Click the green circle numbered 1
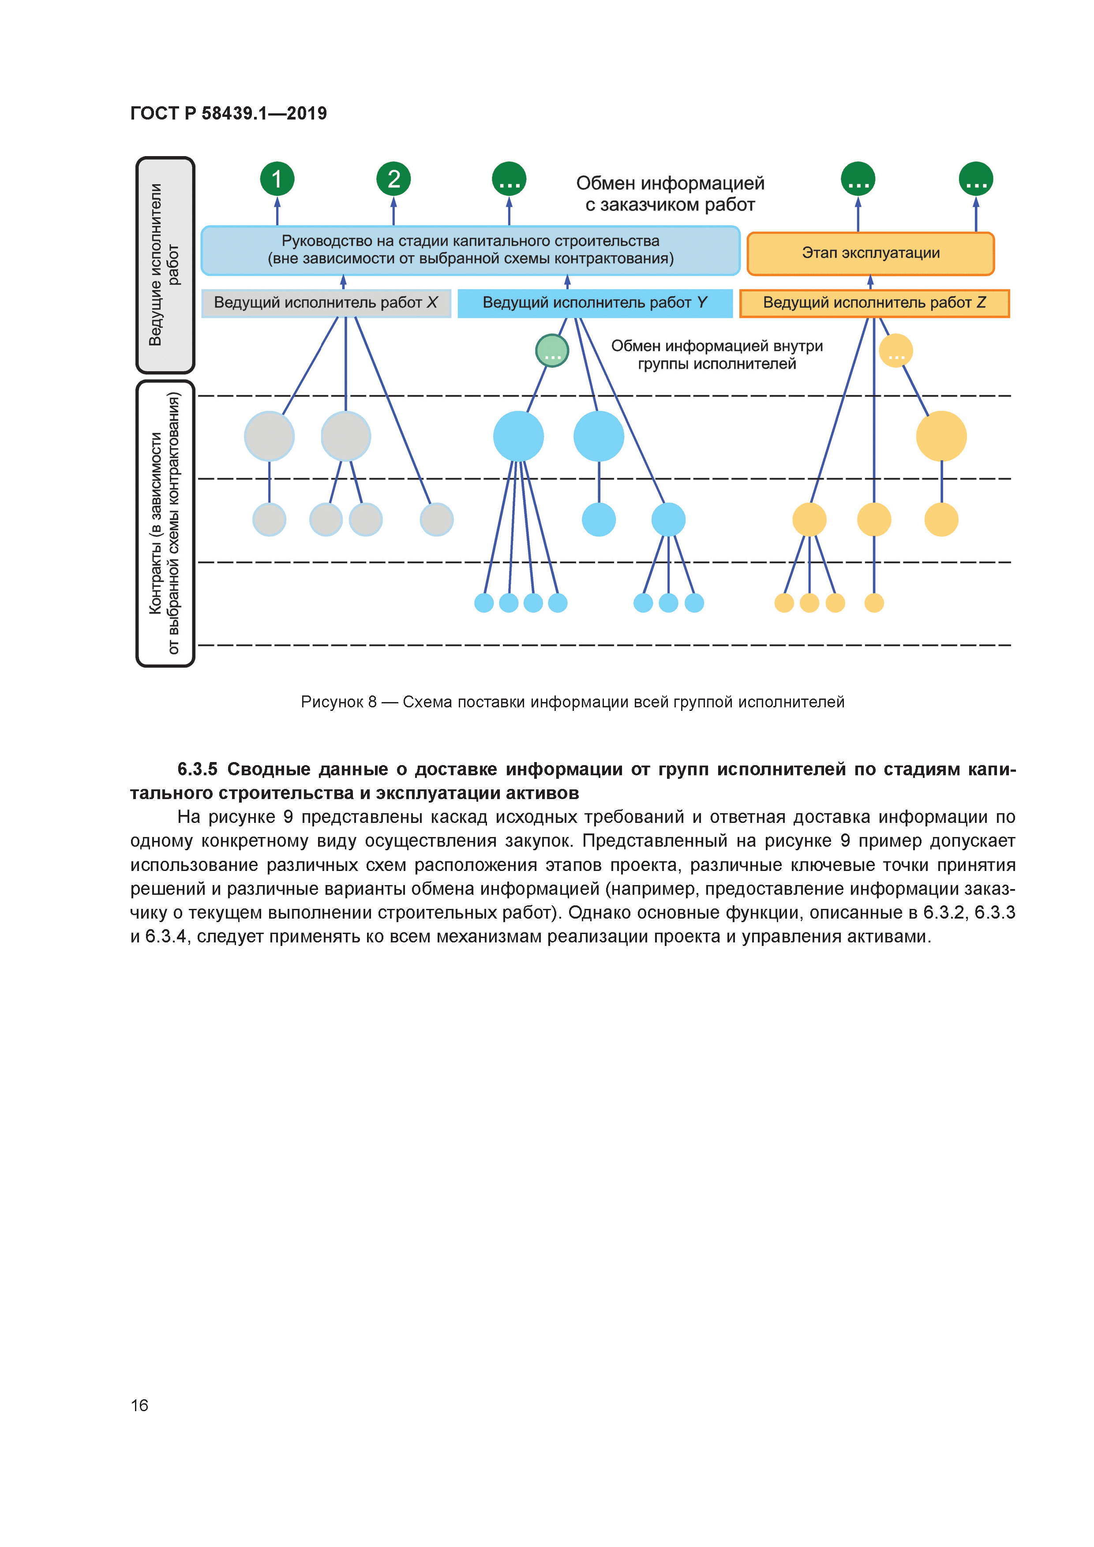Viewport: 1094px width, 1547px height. click(x=277, y=179)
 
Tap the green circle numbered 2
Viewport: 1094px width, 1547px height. click(x=393, y=179)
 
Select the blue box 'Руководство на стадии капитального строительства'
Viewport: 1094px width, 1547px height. click(x=471, y=250)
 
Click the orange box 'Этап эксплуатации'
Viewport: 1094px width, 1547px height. click(x=870, y=253)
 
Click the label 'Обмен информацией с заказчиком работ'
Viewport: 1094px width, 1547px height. click(x=670, y=193)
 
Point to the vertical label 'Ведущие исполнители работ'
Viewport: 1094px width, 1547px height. click(x=165, y=265)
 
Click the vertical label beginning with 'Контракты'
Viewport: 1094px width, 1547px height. click(x=165, y=523)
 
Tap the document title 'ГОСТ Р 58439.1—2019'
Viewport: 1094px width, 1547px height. click(x=229, y=113)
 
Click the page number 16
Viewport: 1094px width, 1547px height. click(x=139, y=1405)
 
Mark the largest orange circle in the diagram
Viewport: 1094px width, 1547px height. click(x=941, y=436)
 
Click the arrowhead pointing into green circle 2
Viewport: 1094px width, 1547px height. click(x=393, y=202)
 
